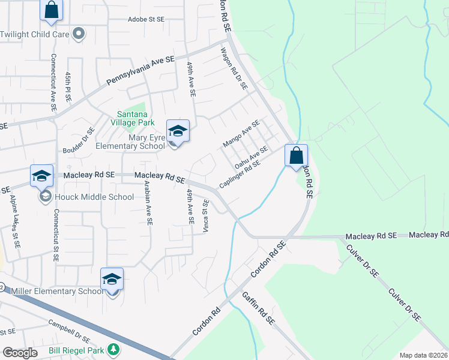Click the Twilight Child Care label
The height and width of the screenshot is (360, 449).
click(34, 34)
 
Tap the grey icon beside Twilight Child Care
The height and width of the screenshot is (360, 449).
click(78, 34)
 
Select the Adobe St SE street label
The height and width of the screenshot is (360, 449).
click(146, 19)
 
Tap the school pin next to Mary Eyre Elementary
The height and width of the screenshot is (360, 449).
click(178, 132)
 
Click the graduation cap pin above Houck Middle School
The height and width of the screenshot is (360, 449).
click(42, 176)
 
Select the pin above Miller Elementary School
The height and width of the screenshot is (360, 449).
click(112, 280)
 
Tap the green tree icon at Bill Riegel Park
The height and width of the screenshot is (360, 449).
click(112, 349)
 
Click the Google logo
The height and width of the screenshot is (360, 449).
click(20, 353)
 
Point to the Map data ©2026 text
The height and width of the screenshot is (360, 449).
click(424, 355)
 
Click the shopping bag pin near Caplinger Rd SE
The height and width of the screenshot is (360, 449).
click(296, 156)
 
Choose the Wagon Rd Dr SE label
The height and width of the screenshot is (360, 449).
click(234, 68)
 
